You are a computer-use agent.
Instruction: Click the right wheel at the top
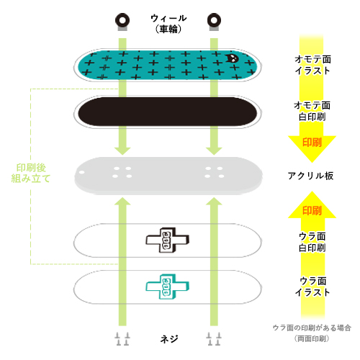point(213,18)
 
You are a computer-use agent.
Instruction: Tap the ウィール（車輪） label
point(167,23)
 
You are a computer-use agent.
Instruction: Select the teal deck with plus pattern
point(166,65)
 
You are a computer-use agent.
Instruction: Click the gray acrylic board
point(166,174)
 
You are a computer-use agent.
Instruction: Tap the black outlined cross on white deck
point(166,242)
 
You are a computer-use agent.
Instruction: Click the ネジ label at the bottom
point(168,338)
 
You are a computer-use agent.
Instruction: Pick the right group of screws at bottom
point(213,338)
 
